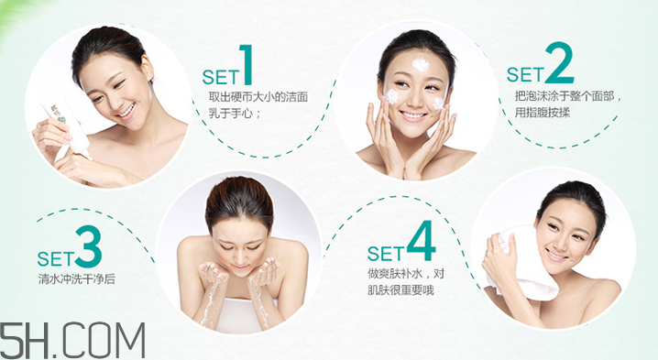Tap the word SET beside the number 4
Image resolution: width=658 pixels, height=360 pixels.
(x=386, y=253)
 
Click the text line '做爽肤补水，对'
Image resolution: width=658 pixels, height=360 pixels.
(x=406, y=274)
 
